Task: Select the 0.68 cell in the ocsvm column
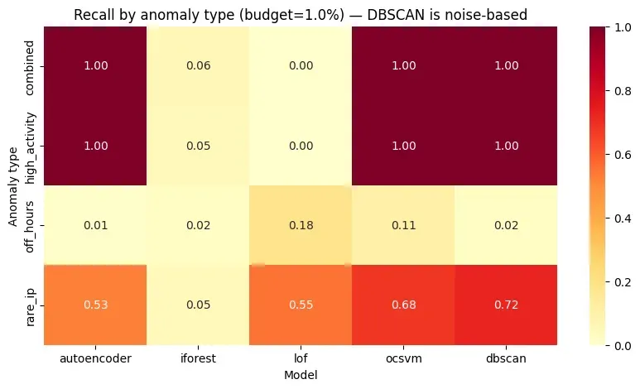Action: tap(402, 305)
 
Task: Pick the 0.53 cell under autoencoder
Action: tap(95, 305)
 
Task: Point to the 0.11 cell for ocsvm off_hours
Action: tap(402, 224)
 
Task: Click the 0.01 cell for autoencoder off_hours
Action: tap(95, 224)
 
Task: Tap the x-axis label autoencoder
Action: tap(95, 359)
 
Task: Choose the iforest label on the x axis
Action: tap(198, 359)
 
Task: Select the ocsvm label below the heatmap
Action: tap(402, 359)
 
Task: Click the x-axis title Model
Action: tap(301, 375)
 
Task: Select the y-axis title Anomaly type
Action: tap(13, 185)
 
